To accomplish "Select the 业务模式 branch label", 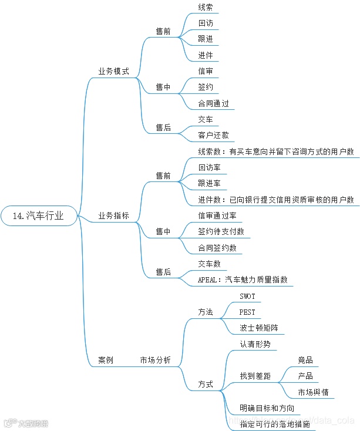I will [x=113, y=71].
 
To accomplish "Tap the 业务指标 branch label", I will [x=113, y=216].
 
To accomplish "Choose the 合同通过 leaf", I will [x=213, y=104].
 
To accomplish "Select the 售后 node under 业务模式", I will [x=163, y=127].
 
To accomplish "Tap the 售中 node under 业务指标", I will [x=163, y=232].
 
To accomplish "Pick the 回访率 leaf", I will [x=210, y=168].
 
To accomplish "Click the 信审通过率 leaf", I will [x=217, y=216].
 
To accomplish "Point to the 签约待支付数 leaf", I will [x=221, y=232].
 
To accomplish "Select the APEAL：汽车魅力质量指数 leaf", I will [x=243, y=280].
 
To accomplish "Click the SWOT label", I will [x=248, y=296].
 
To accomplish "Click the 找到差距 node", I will [x=255, y=376].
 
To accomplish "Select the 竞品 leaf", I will [x=305, y=360].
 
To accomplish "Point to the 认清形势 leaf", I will [x=255, y=344].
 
